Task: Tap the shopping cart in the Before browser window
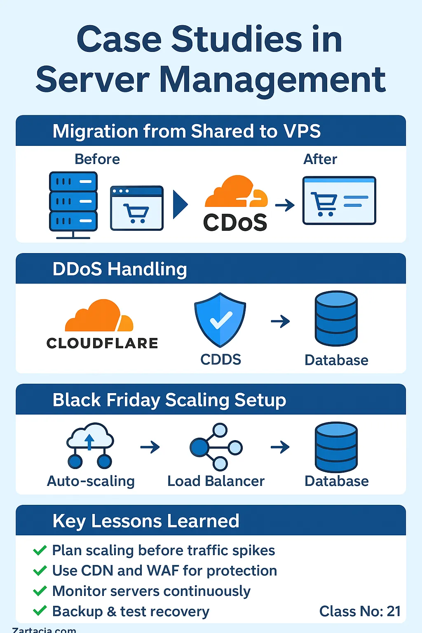click(136, 213)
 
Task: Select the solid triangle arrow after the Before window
click(180, 204)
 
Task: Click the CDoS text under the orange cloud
click(235, 223)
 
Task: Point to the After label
click(320, 159)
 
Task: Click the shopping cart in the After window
click(324, 204)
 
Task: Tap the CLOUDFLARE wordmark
click(102, 343)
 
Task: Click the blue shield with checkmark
click(220, 320)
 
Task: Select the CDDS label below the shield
click(221, 359)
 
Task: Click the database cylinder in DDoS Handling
click(336, 318)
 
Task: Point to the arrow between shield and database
click(280, 321)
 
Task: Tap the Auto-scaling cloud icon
click(90, 445)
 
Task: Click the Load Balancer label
click(216, 481)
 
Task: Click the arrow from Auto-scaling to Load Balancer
click(150, 447)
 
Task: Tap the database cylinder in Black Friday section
click(336, 447)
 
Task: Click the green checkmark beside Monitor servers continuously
click(40, 591)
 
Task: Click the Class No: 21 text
click(360, 611)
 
